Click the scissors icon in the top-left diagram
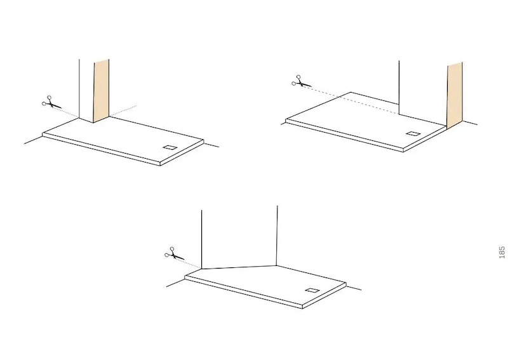coord(51,102)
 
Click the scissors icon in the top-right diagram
coord(301,81)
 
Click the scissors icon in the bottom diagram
coord(174,253)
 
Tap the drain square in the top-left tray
coord(170,148)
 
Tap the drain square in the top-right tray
coord(412,133)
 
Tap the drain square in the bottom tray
coord(312,290)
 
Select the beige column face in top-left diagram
coord(102,91)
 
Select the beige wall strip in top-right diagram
coord(455,96)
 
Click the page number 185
coord(502,253)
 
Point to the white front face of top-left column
coord(86,90)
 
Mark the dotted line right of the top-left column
coord(123,111)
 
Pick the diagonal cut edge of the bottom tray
coord(239,267)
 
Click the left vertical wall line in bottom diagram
coord(201,239)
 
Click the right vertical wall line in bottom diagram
coord(277,236)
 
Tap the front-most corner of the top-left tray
coord(160,166)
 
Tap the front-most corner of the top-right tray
coord(403,151)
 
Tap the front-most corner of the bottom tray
coord(302,308)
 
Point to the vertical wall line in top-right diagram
coord(399,87)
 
